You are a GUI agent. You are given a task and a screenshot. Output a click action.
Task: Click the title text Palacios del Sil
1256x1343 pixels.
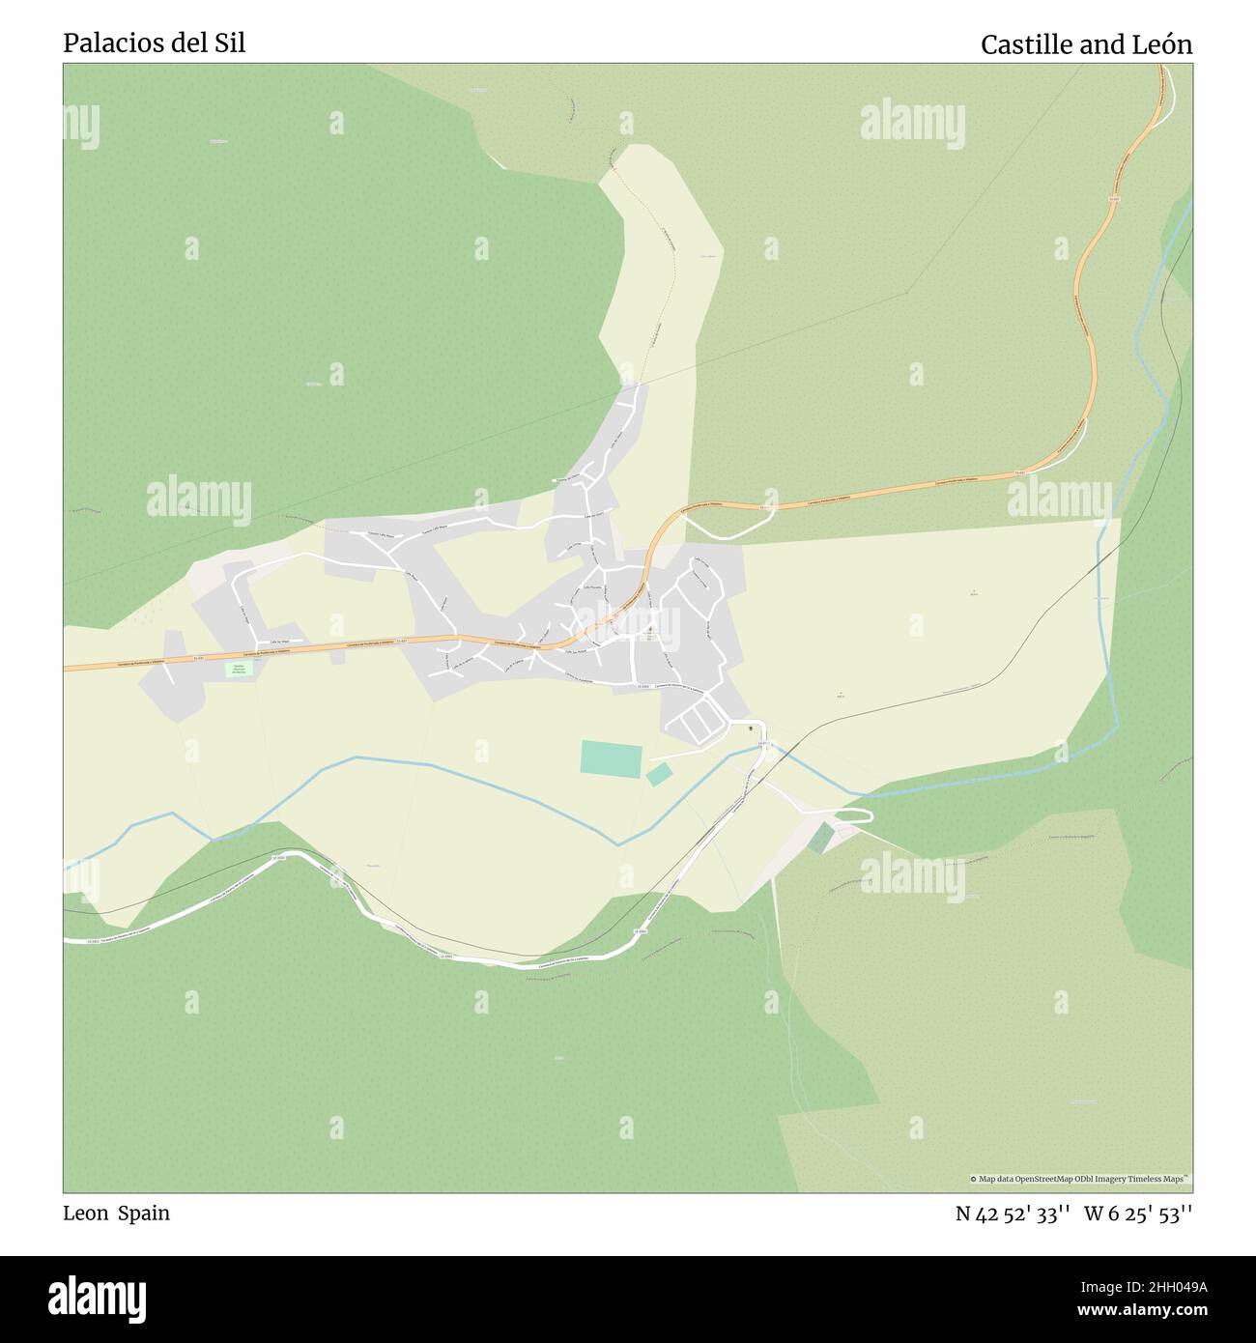(x=154, y=43)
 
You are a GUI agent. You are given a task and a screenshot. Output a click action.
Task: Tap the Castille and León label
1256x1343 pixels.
(x=1086, y=44)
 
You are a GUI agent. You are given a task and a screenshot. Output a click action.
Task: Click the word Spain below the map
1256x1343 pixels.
(x=144, y=1213)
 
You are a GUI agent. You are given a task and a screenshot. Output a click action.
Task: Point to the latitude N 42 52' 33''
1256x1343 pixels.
(x=1012, y=1214)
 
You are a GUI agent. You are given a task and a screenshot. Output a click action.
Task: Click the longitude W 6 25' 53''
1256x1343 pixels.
(x=1138, y=1214)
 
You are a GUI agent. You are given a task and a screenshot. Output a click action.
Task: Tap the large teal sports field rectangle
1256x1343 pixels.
(x=611, y=759)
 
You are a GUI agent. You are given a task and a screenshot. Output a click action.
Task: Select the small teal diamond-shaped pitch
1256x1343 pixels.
(x=659, y=774)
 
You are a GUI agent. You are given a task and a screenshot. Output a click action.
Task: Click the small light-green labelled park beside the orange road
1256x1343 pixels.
(x=237, y=669)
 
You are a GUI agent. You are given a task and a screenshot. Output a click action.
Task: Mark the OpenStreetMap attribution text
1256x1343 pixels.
(x=1079, y=1179)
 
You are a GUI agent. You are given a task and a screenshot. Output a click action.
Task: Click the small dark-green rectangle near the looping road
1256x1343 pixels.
(x=820, y=838)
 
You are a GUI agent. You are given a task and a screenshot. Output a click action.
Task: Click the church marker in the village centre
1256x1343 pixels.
(x=649, y=631)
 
